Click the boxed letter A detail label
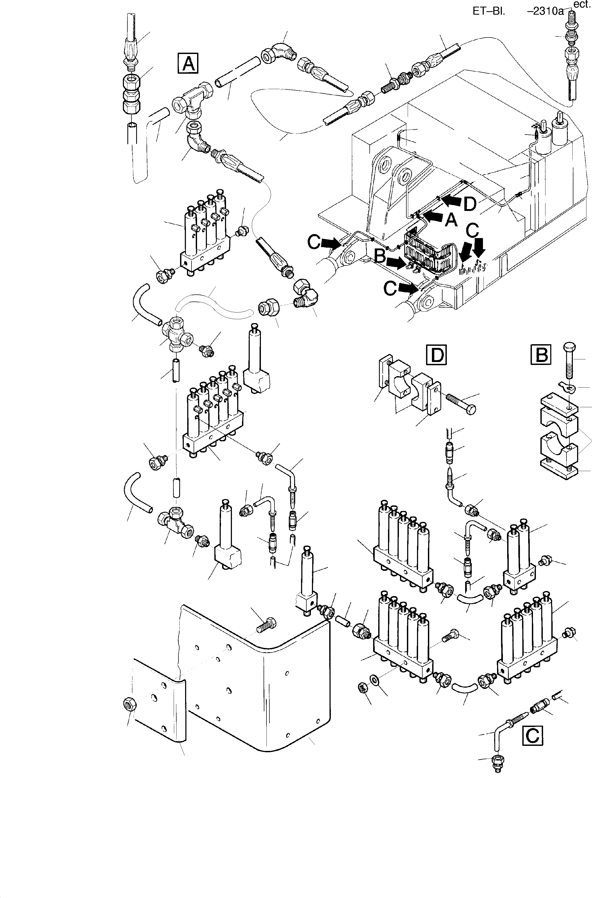point(188,63)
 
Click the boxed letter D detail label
point(436,355)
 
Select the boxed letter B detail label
point(541,355)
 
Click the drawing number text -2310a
point(545,11)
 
